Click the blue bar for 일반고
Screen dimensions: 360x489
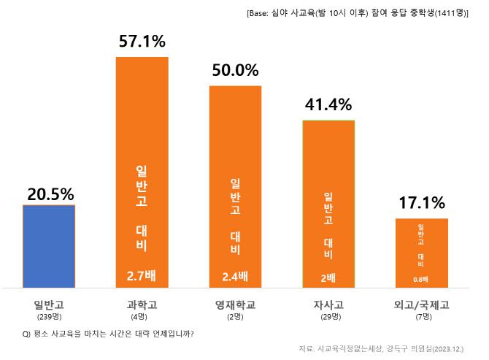pyautogui.click(x=49, y=246)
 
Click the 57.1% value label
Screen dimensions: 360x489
pyautogui.click(x=142, y=42)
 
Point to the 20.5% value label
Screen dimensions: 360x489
pyautogui.click(x=50, y=194)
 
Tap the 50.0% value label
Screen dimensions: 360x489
pyautogui.click(x=235, y=71)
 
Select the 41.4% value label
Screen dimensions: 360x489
pyautogui.click(x=328, y=105)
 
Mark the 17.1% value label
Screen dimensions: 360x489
pyautogui.click(x=422, y=202)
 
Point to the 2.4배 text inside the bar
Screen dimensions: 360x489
pyautogui.click(x=235, y=276)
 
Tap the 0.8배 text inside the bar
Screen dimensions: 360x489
pyautogui.click(x=421, y=279)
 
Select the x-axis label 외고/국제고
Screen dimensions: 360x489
pyautogui.click(x=421, y=305)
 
